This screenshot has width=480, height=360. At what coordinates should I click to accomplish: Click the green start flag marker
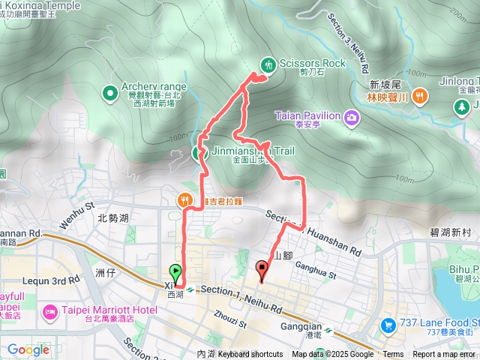pos(176,271)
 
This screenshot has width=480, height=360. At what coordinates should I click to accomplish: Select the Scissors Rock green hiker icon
pos(267,64)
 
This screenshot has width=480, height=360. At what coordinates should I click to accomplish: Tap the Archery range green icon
pos(110,93)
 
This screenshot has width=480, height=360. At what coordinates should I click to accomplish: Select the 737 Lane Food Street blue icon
pos(388,325)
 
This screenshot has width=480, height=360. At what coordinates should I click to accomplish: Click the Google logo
pos(28,349)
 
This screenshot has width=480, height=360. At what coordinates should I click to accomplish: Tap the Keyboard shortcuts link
pos(250,355)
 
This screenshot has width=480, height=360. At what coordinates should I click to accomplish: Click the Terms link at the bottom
pos(393,355)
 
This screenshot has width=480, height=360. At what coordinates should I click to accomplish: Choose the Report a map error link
pos(445,355)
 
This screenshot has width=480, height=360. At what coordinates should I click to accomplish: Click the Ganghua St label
pos(318,264)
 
